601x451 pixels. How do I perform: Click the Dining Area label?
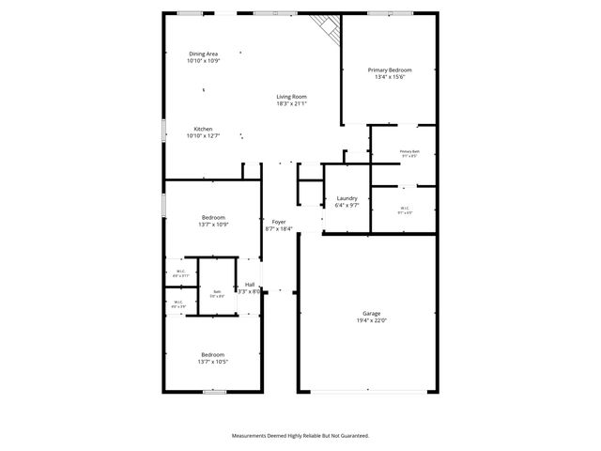[x=204, y=54]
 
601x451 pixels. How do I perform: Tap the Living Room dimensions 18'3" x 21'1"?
[x=291, y=103]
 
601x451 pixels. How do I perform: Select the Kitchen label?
[x=203, y=129]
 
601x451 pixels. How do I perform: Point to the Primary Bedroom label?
[x=389, y=70]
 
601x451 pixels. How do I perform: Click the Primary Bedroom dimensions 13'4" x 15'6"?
[x=389, y=77]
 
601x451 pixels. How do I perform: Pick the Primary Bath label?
[x=409, y=151]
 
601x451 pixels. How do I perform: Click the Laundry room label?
[x=347, y=197]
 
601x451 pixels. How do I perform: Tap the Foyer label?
[x=279, y=222]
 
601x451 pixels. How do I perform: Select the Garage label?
[x=371, y=314]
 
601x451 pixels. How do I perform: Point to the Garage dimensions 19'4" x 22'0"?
[x=371, y=320]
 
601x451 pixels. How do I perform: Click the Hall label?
[x=250, y=285]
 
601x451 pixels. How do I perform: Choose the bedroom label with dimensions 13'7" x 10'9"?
[x=213, y=217]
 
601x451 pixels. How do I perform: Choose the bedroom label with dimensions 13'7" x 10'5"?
[x=213, y=354]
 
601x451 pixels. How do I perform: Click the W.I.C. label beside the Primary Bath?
[x=405, y=209]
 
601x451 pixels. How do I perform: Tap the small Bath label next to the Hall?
[x=216, y=291]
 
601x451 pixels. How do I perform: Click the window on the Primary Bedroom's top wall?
[x=379, y=13]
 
